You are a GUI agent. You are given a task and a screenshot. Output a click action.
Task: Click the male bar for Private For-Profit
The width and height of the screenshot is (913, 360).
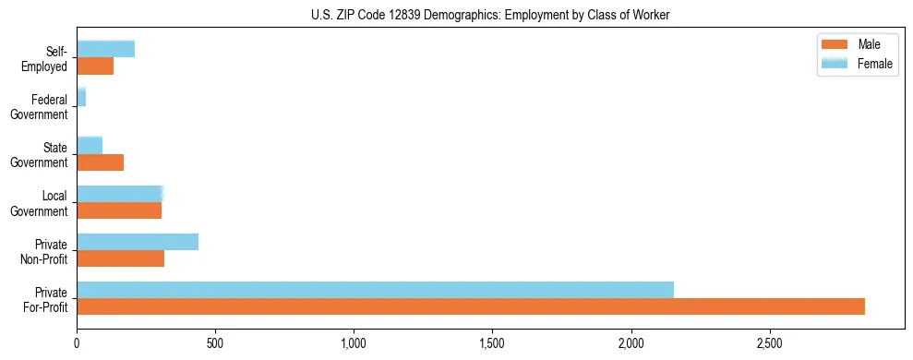coord(471,306)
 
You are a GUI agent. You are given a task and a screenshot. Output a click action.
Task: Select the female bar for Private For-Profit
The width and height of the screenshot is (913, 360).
coord(375,289)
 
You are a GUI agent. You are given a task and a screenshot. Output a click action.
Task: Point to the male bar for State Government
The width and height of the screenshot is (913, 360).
coord(100,162)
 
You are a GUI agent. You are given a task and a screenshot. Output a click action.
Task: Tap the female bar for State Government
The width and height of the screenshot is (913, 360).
coord(90,145)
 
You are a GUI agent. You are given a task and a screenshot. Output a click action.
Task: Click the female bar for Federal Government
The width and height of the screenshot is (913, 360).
coord(81,97)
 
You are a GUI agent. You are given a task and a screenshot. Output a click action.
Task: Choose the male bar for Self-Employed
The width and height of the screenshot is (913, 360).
coord(95,66)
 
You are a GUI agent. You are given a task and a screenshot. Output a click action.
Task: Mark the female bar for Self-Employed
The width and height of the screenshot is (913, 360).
coord(105,49)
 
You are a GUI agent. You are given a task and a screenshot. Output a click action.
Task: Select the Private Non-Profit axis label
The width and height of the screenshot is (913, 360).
coord(45,251)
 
